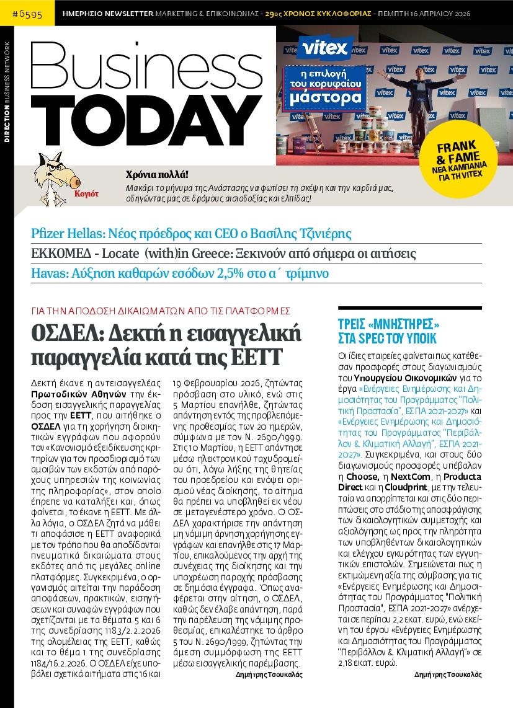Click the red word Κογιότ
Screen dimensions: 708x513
coord(86,193)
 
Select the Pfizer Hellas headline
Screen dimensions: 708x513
coord(191,234)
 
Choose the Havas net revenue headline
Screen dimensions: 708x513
coord(180,273)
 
